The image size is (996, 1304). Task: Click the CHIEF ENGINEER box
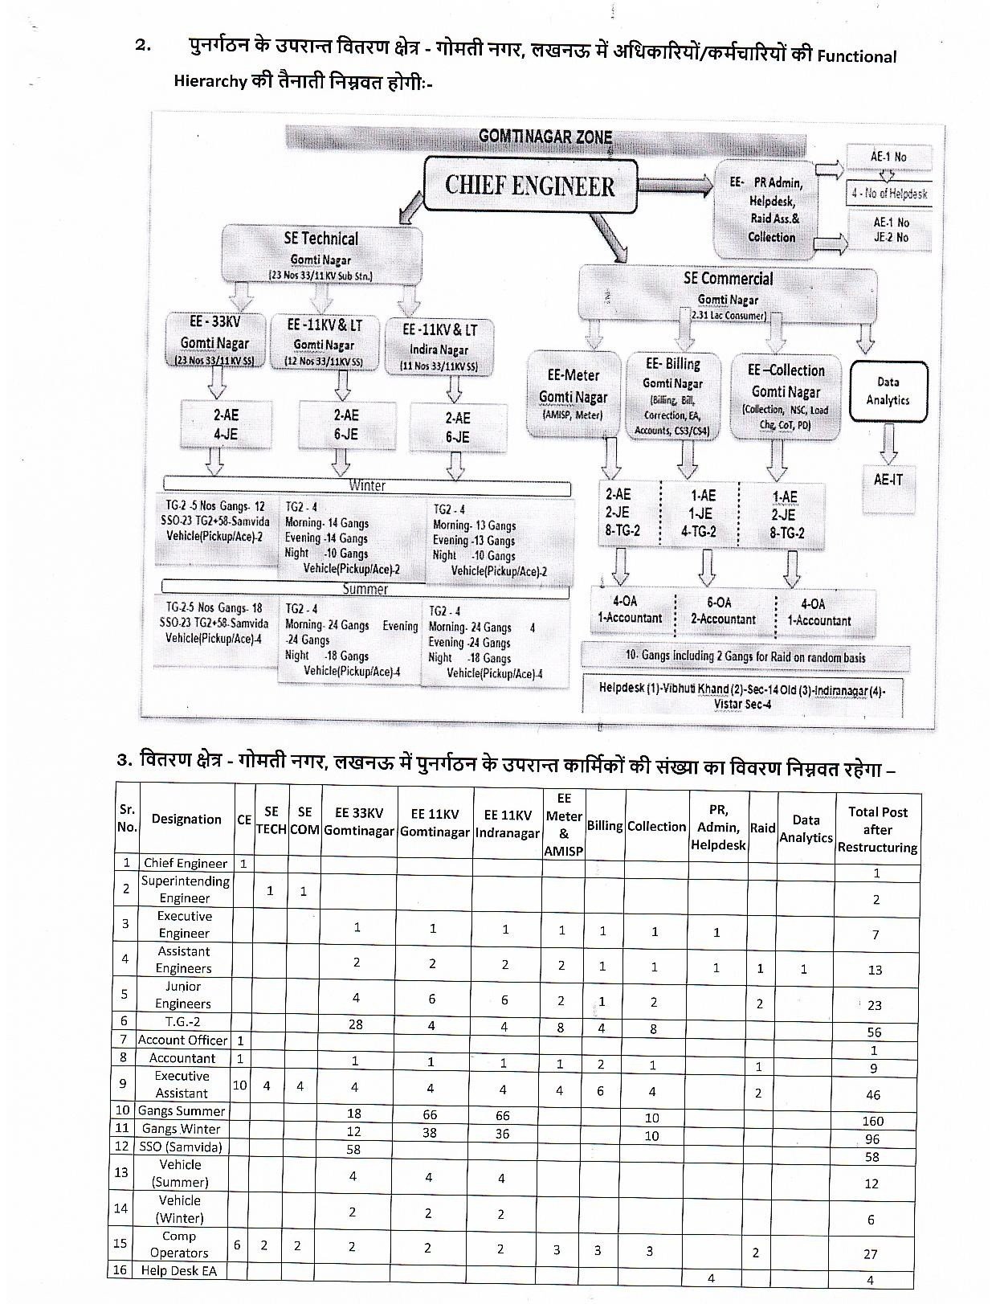click(x=530, y=186)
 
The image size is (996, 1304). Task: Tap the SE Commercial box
click(x=728, y=291)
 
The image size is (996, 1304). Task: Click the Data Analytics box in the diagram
click(x=888, y=391)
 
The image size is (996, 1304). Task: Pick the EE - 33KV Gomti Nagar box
click(x=214, y=341)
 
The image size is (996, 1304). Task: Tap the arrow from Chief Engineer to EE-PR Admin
click(x=675, y=186)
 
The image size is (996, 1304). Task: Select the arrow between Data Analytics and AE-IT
click(x=888, y=440)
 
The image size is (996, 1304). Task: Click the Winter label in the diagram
click(x=367, y=486)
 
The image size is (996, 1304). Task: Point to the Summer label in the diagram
click(x=365, y=589)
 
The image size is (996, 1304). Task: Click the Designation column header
click(x=186, y=820)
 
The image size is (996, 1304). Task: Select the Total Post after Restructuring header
click(x=877, y=829)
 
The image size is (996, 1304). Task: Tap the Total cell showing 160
click(x=873, y=1121)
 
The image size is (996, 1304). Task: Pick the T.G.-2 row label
click(x=183, y=1022)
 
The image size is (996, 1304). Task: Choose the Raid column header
click(x=762, y=828)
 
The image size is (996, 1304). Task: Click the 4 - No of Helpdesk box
click(x=889, y=194)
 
